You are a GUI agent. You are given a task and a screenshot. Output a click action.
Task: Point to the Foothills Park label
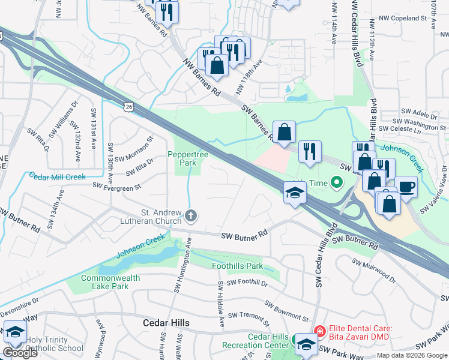[x=238, y=266]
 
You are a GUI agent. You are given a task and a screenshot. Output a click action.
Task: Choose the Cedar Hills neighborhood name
[x=166, y=323]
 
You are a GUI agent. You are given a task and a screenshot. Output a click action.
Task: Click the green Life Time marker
[x=337, y=182]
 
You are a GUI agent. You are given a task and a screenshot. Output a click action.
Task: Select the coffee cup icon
[x=406, y=187]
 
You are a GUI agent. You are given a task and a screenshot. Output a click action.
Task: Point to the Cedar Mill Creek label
[x=58, y=177]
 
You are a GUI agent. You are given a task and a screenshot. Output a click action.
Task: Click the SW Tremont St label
[x=252, y=314]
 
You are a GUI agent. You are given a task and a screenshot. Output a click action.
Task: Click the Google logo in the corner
[x=20, y=353]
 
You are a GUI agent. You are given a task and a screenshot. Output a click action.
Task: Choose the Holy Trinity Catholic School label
[x=54, y=344]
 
